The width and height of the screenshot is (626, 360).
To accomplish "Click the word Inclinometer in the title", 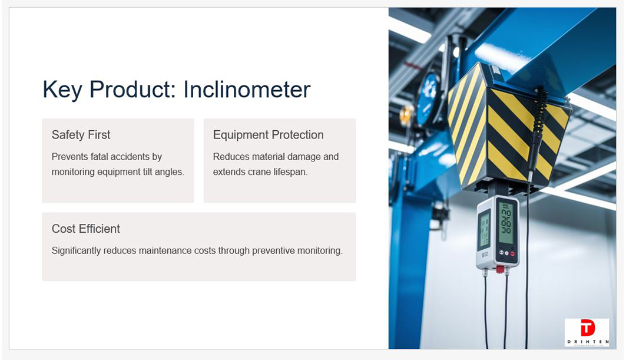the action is click(x=247, y=89).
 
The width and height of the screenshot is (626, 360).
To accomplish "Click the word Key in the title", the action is click(x=62, y=90).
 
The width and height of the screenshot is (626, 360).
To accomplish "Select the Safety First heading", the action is click(x=81, y=135).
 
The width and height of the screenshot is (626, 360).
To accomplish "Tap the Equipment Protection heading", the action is click(x=269, y=135).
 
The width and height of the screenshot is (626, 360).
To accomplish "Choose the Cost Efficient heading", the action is click(x=85, y=229).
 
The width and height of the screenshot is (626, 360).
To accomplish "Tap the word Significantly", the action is click(x=76, y=250).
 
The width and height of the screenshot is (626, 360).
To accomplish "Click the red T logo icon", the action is click(x=587, y=328).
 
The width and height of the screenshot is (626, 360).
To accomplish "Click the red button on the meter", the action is click(x=512, y=253).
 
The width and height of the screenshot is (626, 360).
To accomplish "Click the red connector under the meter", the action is click(x=500, y=270).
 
